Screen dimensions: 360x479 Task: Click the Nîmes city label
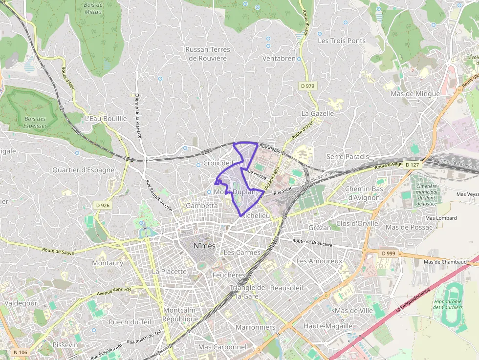pos(204,246)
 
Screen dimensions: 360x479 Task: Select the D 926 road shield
pos(103,205)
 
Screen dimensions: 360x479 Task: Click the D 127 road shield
pos(413,165)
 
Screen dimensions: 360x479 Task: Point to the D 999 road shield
pos(389,253)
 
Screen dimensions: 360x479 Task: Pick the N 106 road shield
pos(20,352)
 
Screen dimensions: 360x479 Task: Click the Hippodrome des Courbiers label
pos(448,304)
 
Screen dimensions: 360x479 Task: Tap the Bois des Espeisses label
pos(35,122)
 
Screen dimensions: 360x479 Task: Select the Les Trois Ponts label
pos(342,41)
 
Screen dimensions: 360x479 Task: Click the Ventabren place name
pos(279,58)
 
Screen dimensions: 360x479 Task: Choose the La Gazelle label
pos(318,113)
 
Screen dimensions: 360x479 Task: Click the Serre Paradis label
pos(348,156)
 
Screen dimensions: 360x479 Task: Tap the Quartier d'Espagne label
pos(84,170)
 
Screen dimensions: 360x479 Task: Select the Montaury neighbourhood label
pos(108,263)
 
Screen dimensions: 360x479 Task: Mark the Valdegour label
pos(21,303)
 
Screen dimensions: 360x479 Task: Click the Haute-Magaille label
pos(328,326)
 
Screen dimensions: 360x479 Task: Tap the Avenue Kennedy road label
pos(114,292)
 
